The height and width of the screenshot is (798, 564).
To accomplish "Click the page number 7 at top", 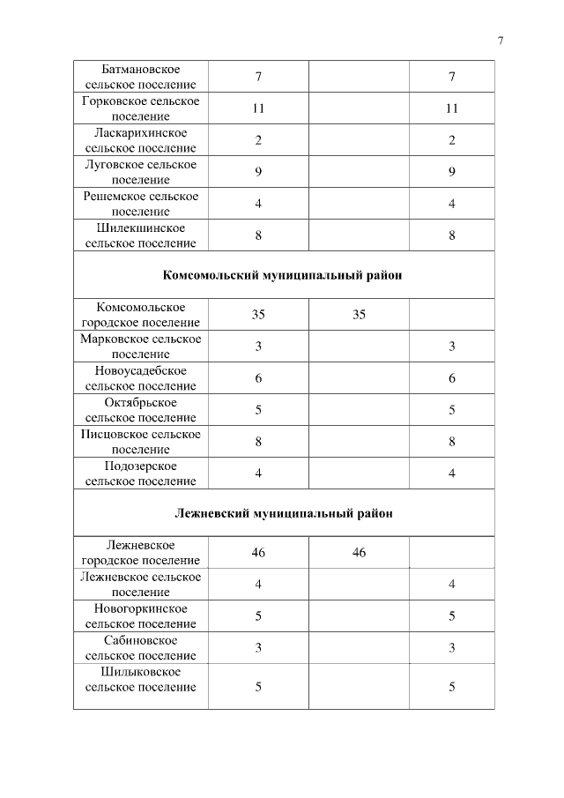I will (x=500, y=41).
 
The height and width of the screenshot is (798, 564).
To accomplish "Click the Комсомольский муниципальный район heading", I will (x=283, y=275).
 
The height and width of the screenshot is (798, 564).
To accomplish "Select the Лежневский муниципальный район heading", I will (x=283, y=512).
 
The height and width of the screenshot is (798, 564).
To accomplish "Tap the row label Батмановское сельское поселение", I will (x=141, y=77).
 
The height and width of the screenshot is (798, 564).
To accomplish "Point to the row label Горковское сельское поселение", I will (x=141, y=108).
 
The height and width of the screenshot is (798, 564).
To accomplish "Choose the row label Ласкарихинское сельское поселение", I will (x=141, y=140).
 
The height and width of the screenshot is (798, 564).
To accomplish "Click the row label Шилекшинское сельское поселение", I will (x=141, y=235).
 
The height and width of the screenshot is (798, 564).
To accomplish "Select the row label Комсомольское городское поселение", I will (x=141, y=315).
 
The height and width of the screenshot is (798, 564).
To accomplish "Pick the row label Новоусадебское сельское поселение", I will (x=141, y=378).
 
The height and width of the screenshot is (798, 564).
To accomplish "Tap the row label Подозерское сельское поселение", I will (x=141, y=474).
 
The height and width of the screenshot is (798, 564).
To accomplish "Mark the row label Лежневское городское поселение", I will (x=141, y=552).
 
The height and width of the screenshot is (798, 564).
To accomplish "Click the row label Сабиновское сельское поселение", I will (x=141, y=648).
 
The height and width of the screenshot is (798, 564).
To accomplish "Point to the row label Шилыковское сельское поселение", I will (x=141, y=680).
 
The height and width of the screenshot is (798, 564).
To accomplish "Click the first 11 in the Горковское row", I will (x=258, y=108).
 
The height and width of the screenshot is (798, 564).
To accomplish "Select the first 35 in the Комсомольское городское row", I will (x=258, y=315).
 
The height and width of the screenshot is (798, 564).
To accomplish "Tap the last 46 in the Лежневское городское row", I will (x=359, y=553).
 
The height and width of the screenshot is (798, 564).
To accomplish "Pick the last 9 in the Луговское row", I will (x=451, y=172).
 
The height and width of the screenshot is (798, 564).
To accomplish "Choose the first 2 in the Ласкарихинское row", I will (x=258, y=140).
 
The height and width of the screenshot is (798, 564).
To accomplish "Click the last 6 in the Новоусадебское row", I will (x=451, y=378).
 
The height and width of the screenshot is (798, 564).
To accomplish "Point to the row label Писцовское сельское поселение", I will (x=141, y=442).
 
